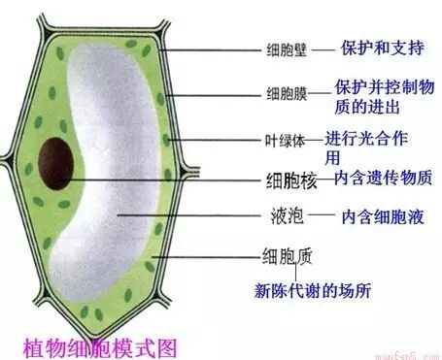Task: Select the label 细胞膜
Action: click(x=288, y=94)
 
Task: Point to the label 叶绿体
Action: click(x=286, y=140)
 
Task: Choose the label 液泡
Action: click(x=281, y=216)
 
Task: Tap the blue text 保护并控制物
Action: click(x=386, y=85)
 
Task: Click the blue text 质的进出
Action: click(x=369, y=105)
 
